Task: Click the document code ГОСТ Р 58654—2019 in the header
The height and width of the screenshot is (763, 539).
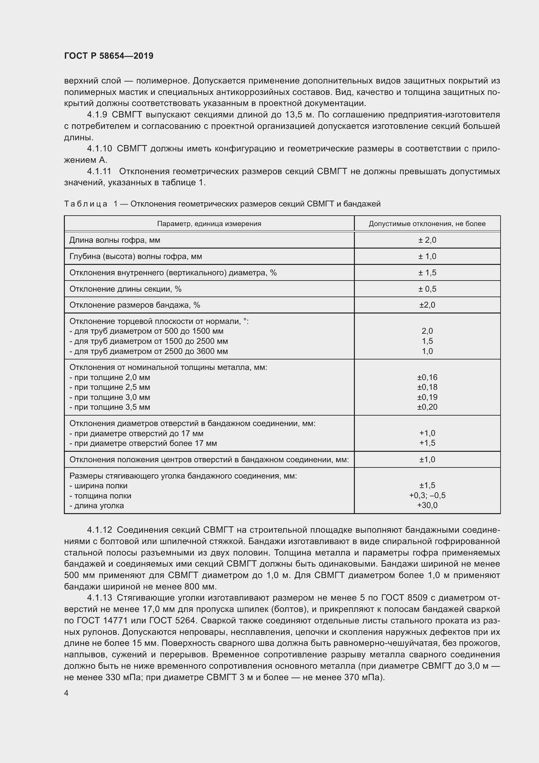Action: coord(109,56)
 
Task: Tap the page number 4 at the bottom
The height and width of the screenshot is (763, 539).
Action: coord(66,693)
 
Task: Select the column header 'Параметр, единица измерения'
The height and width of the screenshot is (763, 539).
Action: coord(209,224)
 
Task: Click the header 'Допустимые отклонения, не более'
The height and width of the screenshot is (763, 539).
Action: coord(427,224)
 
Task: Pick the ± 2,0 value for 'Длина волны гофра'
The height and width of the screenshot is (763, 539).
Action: coord(427,240)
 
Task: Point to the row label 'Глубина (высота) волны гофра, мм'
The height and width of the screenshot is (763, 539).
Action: coord(136,256)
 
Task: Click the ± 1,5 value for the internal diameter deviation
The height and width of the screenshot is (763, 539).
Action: coord(427,272)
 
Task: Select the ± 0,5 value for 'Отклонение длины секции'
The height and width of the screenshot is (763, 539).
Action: coord(427,289)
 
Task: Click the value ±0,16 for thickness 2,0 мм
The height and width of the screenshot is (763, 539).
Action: coord(427,377)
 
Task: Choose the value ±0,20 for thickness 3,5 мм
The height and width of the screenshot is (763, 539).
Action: coord(427,407)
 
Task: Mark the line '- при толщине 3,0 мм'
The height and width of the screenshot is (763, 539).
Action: coord(109,397)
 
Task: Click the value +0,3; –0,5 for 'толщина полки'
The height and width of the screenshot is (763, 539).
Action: coord(427,496)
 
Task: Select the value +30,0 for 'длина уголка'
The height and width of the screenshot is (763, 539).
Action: coord(427,505)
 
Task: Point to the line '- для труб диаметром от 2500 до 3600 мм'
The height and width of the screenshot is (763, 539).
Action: coord(148,351)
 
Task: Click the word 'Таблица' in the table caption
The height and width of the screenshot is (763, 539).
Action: coord(86,204)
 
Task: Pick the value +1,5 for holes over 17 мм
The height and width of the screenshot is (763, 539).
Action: coord(427,443)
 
